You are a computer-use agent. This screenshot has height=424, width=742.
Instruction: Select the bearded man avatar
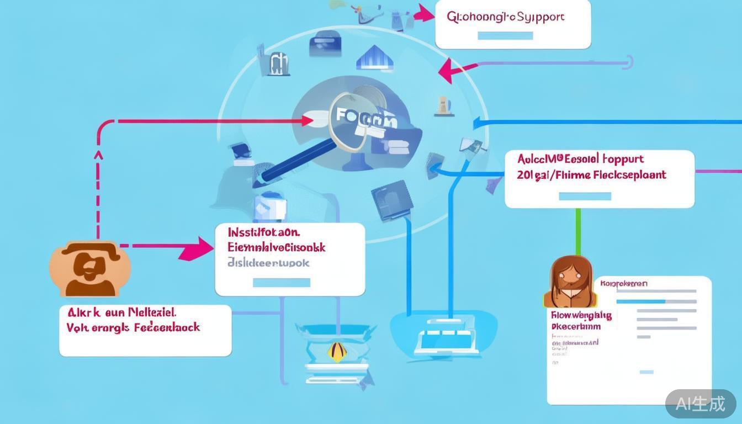click(90, 269)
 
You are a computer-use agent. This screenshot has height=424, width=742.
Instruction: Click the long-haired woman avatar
click(571, 282)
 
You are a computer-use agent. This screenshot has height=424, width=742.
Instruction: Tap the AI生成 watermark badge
click(700, 404)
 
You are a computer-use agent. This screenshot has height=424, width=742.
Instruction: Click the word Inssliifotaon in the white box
click(263, 231)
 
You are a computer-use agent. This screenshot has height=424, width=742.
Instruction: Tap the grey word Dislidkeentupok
click(268, 263)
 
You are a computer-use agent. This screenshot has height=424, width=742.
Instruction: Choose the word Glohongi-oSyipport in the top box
click(505, 17)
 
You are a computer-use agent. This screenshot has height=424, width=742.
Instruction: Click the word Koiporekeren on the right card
click(624, 284)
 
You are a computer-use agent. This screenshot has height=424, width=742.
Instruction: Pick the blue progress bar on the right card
click(640, 301)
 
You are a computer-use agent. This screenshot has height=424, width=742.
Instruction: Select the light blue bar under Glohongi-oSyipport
click(505, 36)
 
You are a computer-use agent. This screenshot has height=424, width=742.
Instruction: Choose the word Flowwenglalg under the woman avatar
click(581, 316)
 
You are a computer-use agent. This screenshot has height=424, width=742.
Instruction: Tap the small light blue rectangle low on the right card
click(646, 372)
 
